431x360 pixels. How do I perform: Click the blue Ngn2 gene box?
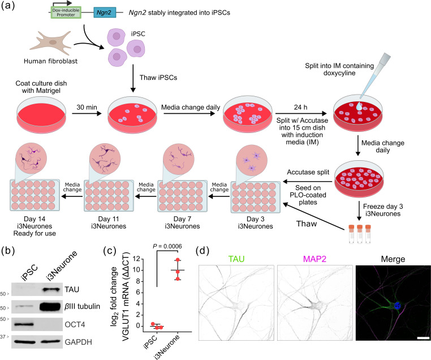tap(105, 12)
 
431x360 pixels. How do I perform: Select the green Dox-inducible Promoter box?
tap(66, 12)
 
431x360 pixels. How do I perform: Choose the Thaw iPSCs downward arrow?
tap(133, 78)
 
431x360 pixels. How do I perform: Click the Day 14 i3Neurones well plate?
tap(35, 195)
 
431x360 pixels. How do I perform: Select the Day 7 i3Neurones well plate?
tap(182, 195)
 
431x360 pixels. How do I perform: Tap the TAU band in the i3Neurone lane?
tap(51, 289)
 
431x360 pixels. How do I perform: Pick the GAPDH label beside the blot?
tap(79, 342)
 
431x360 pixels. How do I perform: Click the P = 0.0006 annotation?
tap(167, 246)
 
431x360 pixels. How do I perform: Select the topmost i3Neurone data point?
tap(178, 260)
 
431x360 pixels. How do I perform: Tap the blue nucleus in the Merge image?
tap(397, 306)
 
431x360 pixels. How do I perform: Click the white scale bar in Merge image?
tap(423, 337)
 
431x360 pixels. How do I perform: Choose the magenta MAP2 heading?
tap(314, 259)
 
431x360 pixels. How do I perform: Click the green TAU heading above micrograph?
tap(236, 259)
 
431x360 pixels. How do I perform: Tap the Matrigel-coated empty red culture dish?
tap(41, 114)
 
